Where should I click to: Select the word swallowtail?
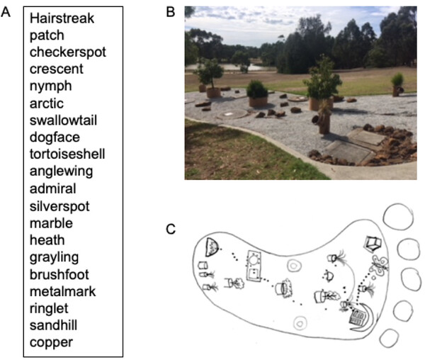(63, 120)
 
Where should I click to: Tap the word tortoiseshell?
(67, 154)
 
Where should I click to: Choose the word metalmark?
(62, 291)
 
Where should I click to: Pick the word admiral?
(52, 189)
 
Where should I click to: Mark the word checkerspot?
(64, 52)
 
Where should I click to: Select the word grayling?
(54, 257)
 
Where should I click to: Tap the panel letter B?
(170, 13)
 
